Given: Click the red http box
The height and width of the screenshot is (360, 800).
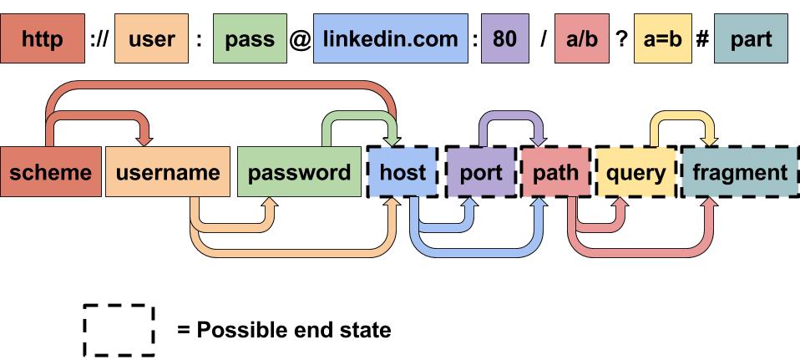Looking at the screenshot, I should point(43,39).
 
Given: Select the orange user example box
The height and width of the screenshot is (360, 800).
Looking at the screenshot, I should point(150,39).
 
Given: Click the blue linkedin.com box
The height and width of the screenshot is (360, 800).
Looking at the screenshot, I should point(390,39).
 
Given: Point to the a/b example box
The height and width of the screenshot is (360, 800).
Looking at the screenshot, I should point(582,39).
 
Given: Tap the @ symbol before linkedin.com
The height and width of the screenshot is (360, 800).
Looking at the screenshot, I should point(299,39).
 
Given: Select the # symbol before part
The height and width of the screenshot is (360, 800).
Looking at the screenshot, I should point(702,39).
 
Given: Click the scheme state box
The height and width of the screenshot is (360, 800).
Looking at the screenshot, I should point(50,173).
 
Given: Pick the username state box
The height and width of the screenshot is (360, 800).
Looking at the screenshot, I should point(168,173).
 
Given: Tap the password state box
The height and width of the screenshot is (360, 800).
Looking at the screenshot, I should point(300,173).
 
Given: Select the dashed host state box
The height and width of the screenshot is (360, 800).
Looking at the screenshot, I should point(403,173).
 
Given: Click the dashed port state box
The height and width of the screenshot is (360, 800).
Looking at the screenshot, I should point(481,173).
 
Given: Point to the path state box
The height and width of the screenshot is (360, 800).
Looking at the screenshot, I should point(555,173).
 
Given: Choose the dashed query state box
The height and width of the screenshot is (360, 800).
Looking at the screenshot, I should point(635,173).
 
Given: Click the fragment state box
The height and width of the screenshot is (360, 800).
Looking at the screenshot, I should point(739,173).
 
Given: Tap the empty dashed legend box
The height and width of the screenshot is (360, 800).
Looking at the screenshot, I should point(119,330).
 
